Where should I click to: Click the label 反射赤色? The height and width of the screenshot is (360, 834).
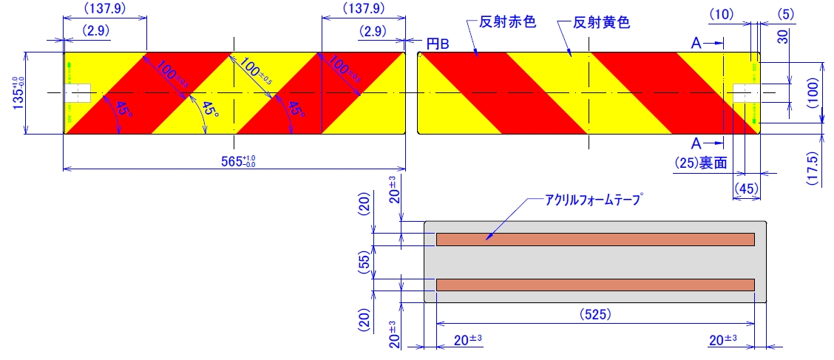507,22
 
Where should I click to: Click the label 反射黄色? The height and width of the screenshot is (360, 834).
602,22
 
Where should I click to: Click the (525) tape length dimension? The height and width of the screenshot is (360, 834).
595,314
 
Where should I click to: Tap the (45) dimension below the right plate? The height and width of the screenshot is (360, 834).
747,189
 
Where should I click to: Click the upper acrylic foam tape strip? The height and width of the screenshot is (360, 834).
595,239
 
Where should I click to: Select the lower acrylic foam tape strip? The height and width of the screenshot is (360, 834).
595,285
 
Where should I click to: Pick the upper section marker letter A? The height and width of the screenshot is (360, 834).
696,44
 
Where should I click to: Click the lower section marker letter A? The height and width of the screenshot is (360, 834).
696,142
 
